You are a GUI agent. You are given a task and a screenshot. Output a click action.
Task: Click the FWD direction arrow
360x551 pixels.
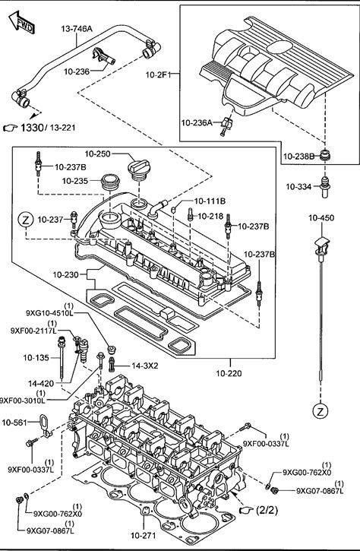(22, 23)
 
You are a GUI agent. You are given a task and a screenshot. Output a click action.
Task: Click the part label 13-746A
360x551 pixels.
(77, 29)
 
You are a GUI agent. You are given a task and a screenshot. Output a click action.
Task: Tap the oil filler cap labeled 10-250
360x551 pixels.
(139, 170)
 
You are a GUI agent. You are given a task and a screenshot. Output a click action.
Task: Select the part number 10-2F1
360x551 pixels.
(158, 74)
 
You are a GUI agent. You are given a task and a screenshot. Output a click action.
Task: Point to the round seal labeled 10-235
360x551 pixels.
(110, 182)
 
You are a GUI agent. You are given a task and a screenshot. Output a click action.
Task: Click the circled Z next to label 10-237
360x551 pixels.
(26, 220)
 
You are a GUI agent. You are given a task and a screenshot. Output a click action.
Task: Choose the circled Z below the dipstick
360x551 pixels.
(320, 411)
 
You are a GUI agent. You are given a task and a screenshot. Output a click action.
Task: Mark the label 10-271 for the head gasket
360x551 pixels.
(143, 536)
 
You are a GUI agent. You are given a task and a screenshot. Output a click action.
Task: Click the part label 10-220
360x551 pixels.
(229, 373)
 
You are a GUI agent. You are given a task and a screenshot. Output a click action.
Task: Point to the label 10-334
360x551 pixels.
(298, 187)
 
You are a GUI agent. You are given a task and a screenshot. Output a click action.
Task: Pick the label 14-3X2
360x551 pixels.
(145, 366)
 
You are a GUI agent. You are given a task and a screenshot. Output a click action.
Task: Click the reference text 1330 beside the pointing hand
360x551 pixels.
(32, 128)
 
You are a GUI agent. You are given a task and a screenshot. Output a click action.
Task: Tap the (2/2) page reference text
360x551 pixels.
(267, 510)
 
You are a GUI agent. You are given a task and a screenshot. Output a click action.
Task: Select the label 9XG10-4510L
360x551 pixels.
(49, 313)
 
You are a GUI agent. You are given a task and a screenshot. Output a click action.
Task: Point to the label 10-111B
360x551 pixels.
(210, 201)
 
